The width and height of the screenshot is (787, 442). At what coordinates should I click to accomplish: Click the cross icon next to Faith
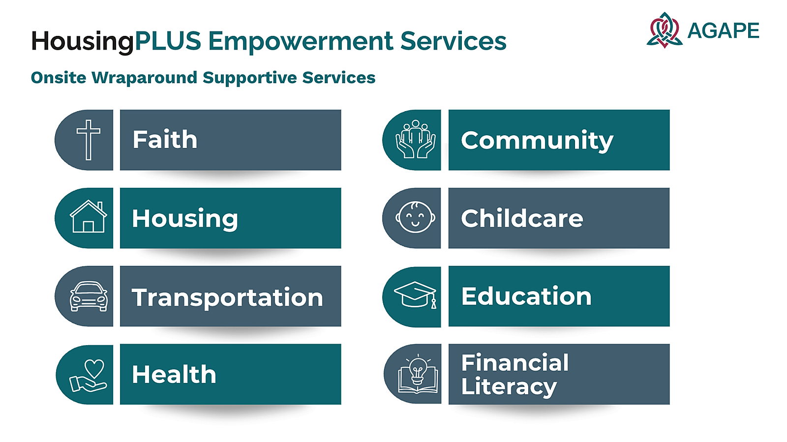pos(89,140)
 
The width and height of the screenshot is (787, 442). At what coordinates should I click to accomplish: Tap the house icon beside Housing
pos(89,216)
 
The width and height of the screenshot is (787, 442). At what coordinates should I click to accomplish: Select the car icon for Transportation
pos(89,296)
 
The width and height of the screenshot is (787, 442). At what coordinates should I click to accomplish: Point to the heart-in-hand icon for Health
pos(88,376)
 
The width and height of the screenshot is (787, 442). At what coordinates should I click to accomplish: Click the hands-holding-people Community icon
pos(416,139)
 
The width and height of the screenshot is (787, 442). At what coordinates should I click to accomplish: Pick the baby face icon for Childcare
pos(415,217)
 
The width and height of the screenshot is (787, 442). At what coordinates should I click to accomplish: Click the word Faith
pos(165,139)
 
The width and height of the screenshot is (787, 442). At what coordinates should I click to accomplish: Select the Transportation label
pos(227,297)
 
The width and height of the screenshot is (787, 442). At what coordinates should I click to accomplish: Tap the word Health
pos(174,374)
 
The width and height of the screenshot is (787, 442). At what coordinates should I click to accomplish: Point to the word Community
pos(537,141)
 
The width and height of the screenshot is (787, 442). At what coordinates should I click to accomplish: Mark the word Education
pos(526,296)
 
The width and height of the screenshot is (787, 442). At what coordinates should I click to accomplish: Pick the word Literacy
pos(509,387)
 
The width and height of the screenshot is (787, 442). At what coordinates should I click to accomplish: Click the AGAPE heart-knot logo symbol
pos(665,30)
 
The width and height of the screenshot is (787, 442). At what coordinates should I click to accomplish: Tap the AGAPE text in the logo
pos(723,30)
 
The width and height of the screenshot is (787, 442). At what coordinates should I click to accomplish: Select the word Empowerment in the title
pos(301,41)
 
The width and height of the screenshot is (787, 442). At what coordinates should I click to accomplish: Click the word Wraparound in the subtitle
pos(144,78)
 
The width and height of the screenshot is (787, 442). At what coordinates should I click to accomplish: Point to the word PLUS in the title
pos(168,40)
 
